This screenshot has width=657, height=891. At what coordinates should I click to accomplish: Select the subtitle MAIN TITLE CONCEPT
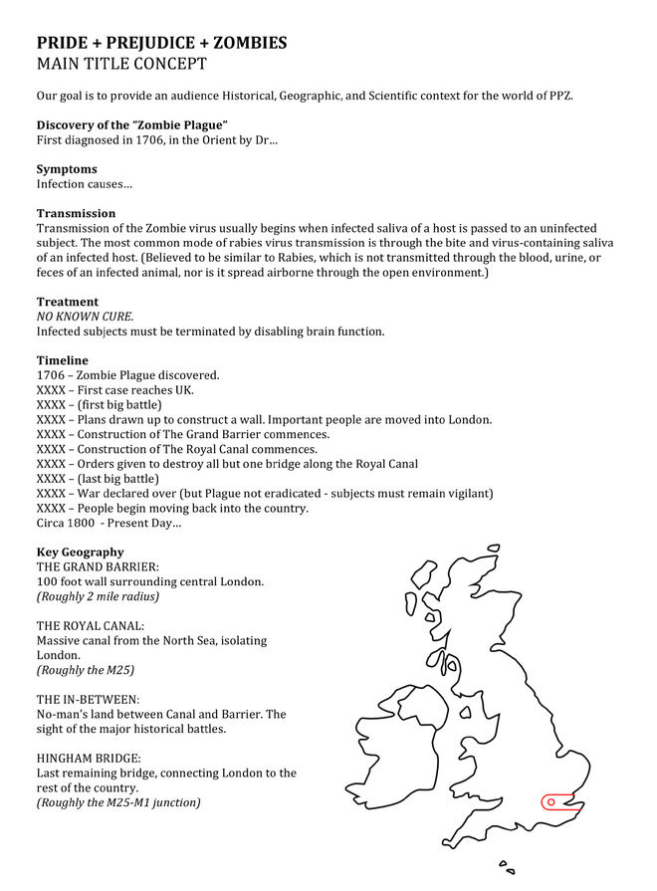point(121,65)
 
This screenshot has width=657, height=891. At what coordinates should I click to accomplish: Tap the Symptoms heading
point(67,169)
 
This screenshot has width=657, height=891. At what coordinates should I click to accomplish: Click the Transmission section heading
point(76,213)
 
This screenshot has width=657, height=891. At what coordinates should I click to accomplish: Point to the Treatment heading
point(68,302)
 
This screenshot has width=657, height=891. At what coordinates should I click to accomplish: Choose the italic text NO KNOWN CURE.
point(85,317)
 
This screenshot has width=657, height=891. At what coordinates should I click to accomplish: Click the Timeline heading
point(63,360)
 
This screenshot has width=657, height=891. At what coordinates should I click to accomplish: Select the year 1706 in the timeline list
point(51,375)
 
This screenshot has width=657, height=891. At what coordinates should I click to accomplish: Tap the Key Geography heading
point(81,552)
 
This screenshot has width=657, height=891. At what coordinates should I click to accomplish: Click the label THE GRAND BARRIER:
point(98,566)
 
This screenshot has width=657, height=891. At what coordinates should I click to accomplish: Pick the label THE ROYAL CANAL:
point(91,626)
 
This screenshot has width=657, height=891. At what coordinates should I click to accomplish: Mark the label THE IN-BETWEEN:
point(88,700)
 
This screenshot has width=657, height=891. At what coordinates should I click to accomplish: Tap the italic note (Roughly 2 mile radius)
point(98,596)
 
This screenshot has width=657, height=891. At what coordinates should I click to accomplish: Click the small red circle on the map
point(550,801)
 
